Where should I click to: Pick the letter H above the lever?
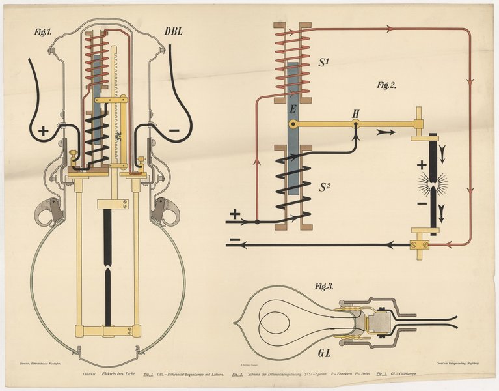[356, 115]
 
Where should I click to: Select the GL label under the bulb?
[328, 353]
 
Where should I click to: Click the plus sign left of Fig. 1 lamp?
[43, 131]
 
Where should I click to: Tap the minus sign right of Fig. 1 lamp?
[174, 130]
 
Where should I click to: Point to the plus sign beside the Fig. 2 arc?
[422, 165]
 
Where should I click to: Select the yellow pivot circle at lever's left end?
[294, 123]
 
